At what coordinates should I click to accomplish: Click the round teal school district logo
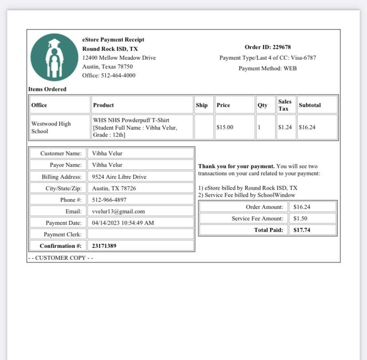pos(54,57)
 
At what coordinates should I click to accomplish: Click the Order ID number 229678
pos(281,47)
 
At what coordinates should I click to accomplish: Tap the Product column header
pos(103,105)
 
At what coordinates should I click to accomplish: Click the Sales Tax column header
pos(285,105)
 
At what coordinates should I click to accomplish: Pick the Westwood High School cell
pos(51,128)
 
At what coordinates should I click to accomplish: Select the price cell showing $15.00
pos(225,128)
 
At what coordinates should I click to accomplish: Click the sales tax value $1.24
pos(285,128)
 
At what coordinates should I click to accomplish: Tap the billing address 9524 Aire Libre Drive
pos(119,177)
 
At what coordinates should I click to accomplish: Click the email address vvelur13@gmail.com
pos(118,212)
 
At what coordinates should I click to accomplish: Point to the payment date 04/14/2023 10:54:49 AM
pos(123,223)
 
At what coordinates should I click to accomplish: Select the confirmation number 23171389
pos(104,246)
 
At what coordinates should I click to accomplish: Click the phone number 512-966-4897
pos(109,200)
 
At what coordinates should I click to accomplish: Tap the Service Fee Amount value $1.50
pos(300,219)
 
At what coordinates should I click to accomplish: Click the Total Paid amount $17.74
pos(301,230)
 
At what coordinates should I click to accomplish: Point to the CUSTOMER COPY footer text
pos(60,258)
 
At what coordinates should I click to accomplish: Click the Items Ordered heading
pos(47,89)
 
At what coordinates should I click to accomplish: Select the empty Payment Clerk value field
pos(141,234)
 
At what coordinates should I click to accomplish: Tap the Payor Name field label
pos(66,165)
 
